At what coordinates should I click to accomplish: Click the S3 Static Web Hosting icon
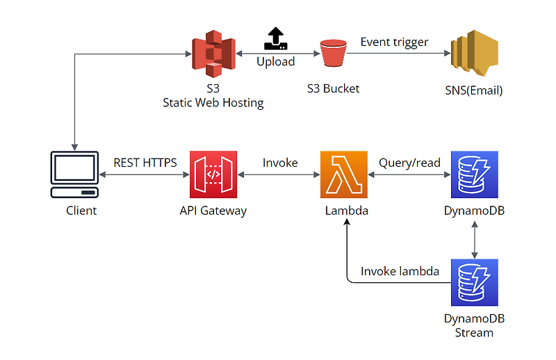[x=213, y=54]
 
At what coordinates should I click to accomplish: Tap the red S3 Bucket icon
[x=333, y=54]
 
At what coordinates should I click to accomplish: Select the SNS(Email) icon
[x=474, y=54]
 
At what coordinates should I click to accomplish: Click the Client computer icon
[x=74, y=174]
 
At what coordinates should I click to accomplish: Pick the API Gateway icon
[x=213, y=175]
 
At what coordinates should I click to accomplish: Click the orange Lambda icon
[x=344, y=175]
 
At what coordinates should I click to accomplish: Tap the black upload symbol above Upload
[x=276, y=39]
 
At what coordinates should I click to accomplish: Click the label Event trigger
[x=394, y=42]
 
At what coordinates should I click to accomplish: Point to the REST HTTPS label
[x=145, y=163]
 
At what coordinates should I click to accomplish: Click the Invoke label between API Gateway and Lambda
[x=280, y=163]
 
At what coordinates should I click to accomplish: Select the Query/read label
[x=409, y=163]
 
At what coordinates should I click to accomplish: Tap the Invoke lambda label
[x=400, y=271]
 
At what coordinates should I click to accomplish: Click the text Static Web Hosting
[x=213, y=103]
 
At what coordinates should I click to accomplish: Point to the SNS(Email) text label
[x=474, y=90]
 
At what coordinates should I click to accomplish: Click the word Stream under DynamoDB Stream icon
[x=474, y=332]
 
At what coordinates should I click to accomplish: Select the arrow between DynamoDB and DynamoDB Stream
[x=474, y=240]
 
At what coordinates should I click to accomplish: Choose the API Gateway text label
[x=213, y=211]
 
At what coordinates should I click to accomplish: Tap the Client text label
[x=81, y=211]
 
